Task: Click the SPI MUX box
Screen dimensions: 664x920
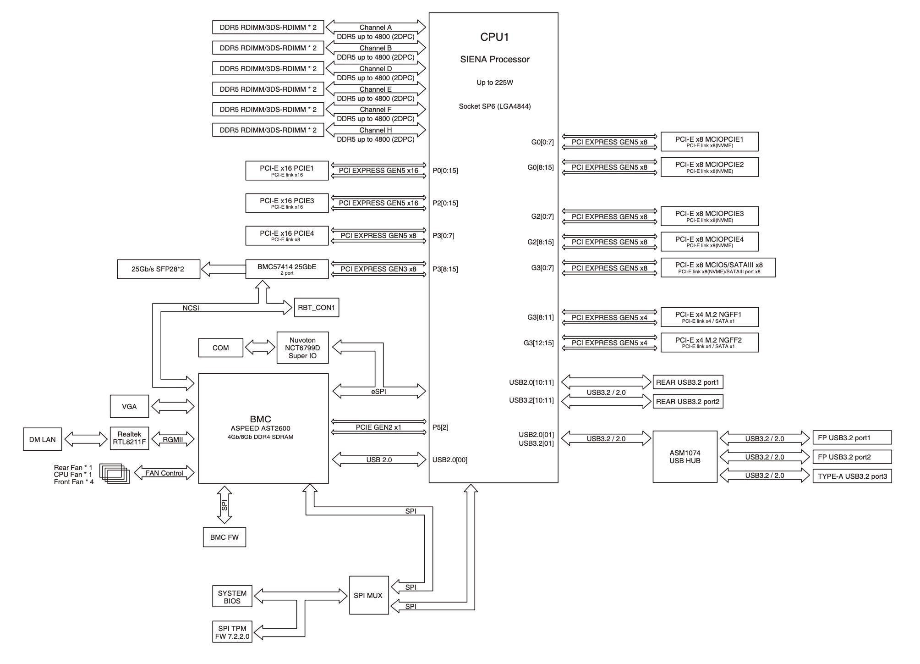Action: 368,595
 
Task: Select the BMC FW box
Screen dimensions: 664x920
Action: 224,537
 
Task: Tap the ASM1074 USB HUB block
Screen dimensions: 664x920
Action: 685,456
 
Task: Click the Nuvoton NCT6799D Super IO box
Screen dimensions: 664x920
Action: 302,348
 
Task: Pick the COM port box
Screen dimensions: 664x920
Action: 220,348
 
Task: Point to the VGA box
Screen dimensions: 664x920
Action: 129,406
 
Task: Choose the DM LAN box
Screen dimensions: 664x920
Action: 42,439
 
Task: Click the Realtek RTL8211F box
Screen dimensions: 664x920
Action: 129,438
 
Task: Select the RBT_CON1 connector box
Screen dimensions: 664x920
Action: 316,307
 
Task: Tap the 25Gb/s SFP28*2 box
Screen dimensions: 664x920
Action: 158,269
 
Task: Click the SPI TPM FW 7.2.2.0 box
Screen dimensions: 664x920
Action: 232,632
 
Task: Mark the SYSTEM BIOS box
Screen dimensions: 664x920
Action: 232,597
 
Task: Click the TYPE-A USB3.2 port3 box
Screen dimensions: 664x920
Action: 852,476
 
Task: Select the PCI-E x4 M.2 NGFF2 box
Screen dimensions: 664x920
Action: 709,343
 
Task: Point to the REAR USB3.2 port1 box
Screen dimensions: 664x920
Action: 687,382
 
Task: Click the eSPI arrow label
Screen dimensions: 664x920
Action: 379,392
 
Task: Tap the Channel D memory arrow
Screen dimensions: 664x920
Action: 375,68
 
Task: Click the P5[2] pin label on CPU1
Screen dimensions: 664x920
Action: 440,427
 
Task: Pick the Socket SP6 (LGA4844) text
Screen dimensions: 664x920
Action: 494,106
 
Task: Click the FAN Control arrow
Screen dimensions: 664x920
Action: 164,473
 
